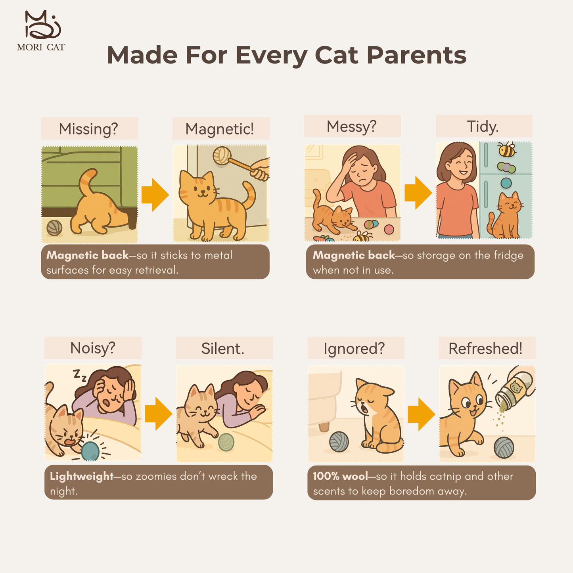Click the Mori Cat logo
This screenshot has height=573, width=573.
[41, 31]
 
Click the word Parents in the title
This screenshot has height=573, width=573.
[416, 55]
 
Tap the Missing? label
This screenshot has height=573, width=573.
[88, 129]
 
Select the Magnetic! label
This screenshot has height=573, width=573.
[219, 129]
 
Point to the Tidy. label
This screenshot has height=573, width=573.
[483, 126]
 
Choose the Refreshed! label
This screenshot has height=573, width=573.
[485, 348]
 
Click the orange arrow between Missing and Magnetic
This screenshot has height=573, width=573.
[155, 195]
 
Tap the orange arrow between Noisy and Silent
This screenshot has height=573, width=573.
[159, 414]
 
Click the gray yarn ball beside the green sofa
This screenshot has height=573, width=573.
[54, 228]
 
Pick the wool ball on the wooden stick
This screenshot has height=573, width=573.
[222, 155]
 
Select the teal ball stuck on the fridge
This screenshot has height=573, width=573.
[506, 183]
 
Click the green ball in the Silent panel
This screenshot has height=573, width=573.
[226, 442]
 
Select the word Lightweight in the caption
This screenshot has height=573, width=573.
[81, 476]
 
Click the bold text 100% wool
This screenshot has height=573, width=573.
[341, 476]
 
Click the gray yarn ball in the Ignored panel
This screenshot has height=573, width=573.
[339, 442]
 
